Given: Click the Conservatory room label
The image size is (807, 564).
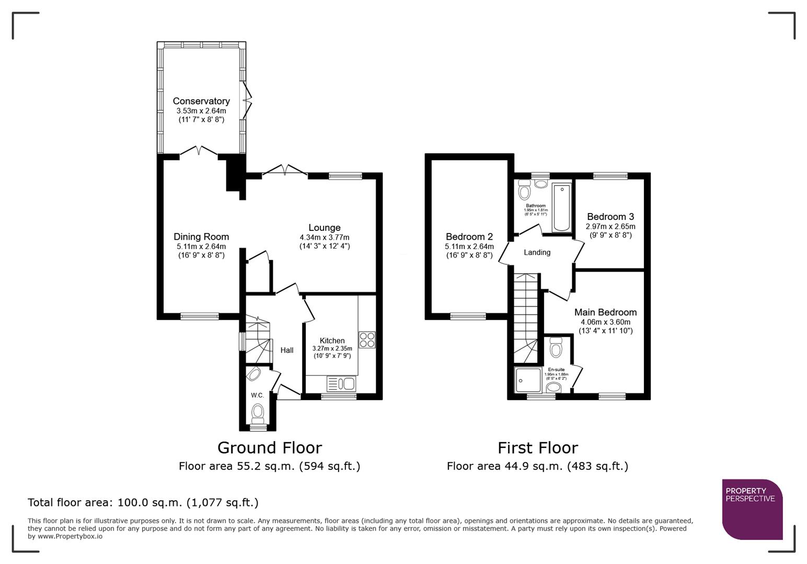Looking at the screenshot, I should (x=201, y=101).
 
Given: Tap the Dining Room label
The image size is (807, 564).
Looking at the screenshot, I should (x=201, y=237).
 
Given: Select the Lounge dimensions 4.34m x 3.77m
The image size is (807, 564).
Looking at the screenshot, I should (x=324, y=237).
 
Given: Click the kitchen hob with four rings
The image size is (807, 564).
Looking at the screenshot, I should (x=367, y=339).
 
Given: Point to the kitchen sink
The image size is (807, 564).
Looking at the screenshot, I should (x=341, y=384).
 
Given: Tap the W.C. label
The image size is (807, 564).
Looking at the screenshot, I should (x=257, y=395).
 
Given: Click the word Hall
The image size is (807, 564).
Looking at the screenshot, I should (x=286, y=350).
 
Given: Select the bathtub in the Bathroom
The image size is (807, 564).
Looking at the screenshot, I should (x=561, y=207).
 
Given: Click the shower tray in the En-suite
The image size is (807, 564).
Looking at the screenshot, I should (x=528, y=380).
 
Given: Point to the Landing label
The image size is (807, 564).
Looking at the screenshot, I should (x=537, y=252).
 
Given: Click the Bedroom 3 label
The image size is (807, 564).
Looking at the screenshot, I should (x=610, y=217).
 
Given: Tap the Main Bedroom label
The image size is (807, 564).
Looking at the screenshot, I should (x=605, y=312).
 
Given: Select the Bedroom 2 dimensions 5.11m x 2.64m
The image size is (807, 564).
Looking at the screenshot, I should (x=469, y=246).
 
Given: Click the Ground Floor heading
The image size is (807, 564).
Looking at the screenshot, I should (x=269, y=448).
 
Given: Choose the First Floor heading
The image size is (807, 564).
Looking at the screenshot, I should (x=537, y=448).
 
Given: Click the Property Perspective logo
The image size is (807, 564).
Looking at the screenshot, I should (x=752, y=509).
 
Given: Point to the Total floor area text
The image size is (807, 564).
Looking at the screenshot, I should (x=143, y=502).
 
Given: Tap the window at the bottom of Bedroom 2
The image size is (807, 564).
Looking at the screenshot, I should (x=468, y=315).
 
